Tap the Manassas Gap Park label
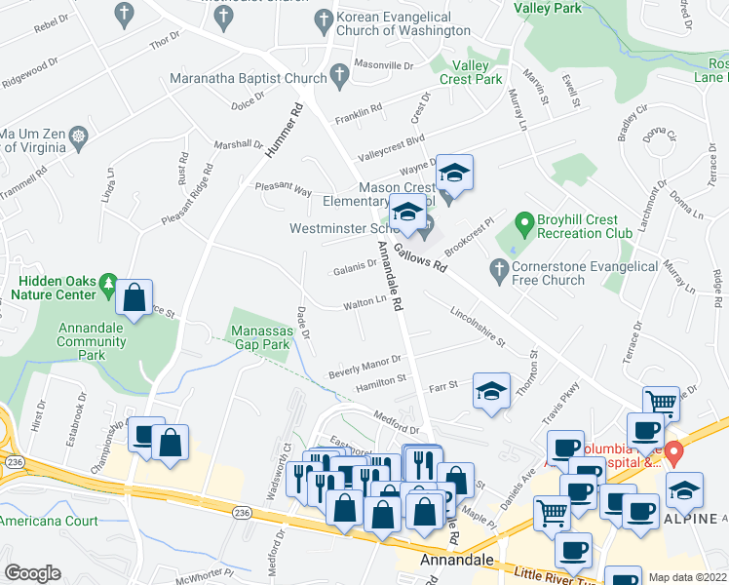[x=260, y=337]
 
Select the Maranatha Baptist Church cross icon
[x=339, y=75]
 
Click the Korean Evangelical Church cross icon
[x=324, y=19]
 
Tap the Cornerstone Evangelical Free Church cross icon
[x=499, y=267]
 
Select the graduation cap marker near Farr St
[x=491, y=392]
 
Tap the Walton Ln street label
[x=366, y=303]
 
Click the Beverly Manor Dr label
[x=364, y=366]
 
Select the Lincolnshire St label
[x=478, y=327]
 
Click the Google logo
[x=32, y=573]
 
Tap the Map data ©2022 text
[x=686, y=577]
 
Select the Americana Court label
[x=49, y=521]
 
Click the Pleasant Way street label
[x=283, y=188]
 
